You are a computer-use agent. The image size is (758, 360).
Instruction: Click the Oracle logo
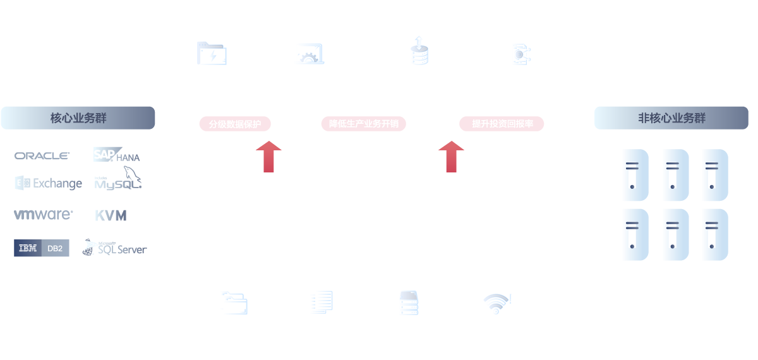coord(42,155)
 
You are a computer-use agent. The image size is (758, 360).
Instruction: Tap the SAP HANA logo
coord(116,155)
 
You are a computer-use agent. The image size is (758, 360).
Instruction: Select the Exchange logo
coord(49,183)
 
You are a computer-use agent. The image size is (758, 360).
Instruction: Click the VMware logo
coord(43,215)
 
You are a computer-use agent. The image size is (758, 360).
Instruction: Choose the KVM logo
coord(111,216)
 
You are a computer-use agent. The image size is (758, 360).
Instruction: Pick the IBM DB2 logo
coord(42,249)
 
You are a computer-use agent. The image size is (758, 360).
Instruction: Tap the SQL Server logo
coord(114,248)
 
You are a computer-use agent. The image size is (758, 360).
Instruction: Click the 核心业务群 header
coord(78,118)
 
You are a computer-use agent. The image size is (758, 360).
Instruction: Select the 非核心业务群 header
coord(671,118)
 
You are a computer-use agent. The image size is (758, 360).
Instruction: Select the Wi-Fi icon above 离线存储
coord(495,304)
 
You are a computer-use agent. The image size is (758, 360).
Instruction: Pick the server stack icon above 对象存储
coord(409,303)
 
